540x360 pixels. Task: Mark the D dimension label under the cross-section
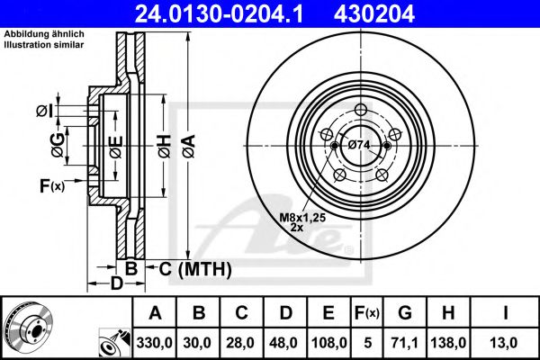pyautogui.click(x=116, y=284)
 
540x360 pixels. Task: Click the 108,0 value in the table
pyautogui.click(x=328, y=343)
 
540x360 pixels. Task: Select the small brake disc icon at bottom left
pyautogui.click(x=29, y=328)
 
